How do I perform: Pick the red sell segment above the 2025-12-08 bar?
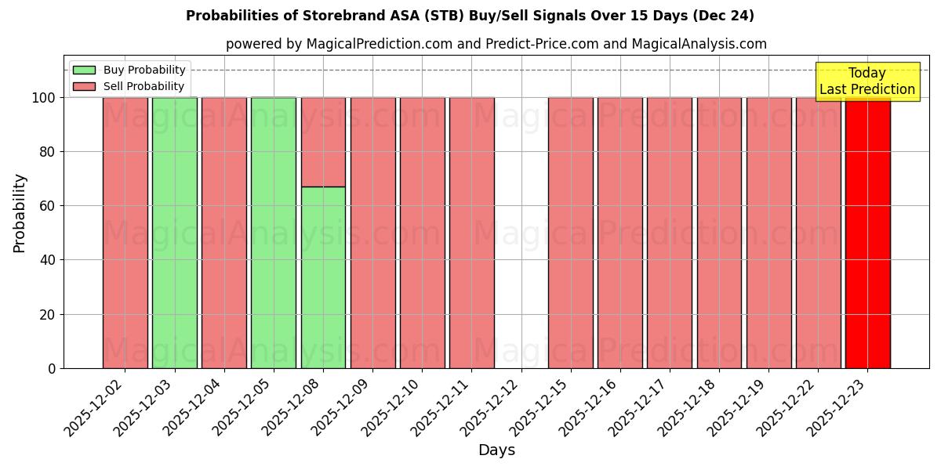(x=323, y=142)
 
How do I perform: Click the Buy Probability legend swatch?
(x=84, y=70)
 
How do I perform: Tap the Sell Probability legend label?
(x=144, y=86)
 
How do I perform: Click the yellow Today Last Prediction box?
(x=867, y=81)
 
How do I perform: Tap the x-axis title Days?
(x=496, y=450)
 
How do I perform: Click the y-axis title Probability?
(x=20, y=213)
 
